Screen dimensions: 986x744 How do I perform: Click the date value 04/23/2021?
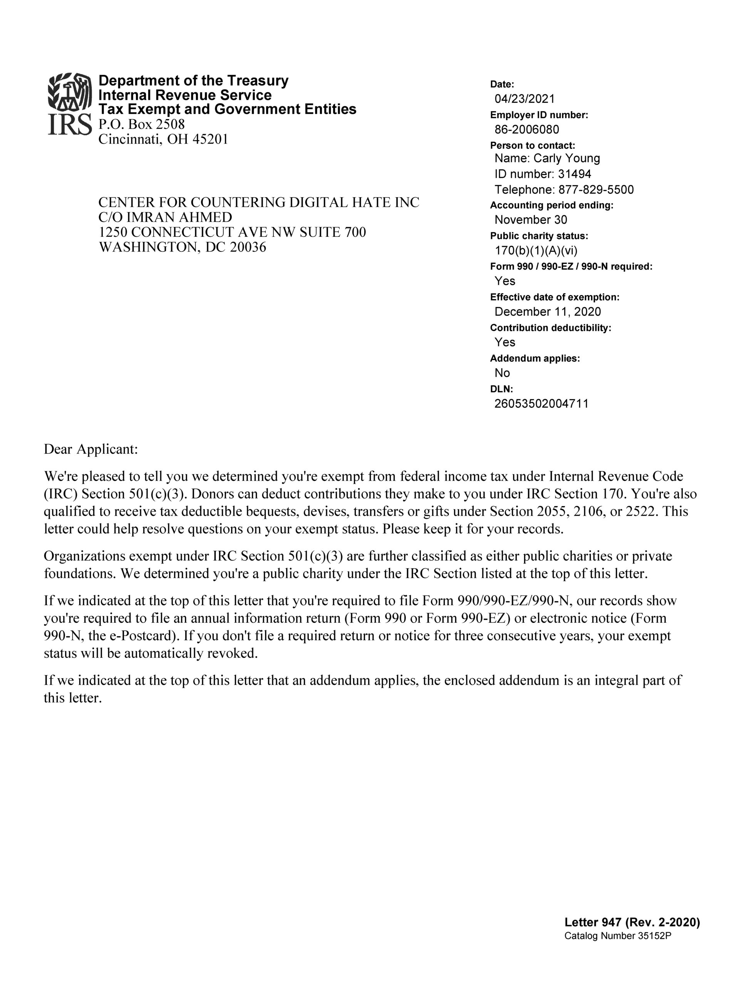click(x=524, y=99)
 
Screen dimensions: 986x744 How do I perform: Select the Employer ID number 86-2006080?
click(x=526, y=129)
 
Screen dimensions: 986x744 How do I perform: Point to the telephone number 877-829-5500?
click(x=596, y=190)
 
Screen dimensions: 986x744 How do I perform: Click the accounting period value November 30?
click(x=531, y=220)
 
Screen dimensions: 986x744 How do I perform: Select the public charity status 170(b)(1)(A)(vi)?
click(x=536, y=250)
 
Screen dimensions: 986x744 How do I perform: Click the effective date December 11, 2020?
click(x=548, y=312)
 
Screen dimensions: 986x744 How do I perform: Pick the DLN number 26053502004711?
click(x=541, y=404)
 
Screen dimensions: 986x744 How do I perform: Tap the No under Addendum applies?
click(x=502, y=373)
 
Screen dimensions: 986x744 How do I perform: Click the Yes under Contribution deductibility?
click(x=504, y=342)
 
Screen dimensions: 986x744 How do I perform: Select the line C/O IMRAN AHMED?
click(x=165, y=218)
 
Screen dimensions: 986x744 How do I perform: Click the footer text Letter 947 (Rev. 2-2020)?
click(x=632, y=922)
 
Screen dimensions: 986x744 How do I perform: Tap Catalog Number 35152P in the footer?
click(x=617, y=936)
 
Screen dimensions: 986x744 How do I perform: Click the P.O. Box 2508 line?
click(x=141, y=124)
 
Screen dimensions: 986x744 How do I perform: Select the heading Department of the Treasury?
click(x=193, y=80)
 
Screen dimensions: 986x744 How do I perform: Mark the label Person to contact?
click(x=532, y=145)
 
